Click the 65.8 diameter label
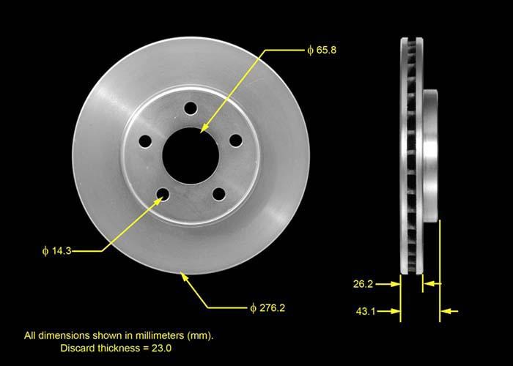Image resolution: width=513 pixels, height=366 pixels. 326,51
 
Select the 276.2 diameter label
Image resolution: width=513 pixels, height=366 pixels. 270,307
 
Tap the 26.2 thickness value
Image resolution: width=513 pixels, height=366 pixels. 364,282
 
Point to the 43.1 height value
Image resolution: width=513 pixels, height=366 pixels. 364,312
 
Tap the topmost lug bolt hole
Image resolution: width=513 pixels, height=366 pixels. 191,108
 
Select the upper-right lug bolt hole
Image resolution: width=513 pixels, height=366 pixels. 235,140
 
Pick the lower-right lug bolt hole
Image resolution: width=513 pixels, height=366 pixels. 219,193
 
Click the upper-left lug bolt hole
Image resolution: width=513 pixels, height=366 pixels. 145,141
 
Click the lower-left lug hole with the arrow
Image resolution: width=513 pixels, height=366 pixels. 163,194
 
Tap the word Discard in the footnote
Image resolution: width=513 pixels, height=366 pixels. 78,348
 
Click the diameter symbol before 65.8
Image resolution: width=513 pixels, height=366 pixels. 311,51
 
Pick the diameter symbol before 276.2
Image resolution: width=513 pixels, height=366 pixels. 252,307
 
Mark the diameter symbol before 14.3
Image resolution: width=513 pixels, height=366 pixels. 46,251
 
